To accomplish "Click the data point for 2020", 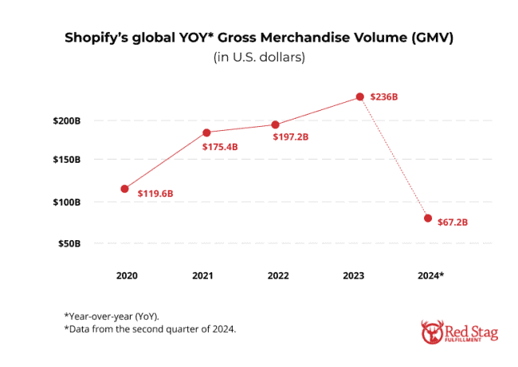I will [124, 189].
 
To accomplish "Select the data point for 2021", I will [206, 132].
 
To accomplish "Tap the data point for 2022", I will [275, 124].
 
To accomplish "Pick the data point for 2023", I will [360, 97].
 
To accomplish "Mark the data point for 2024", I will [428, 218].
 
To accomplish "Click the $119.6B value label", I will [155, 193].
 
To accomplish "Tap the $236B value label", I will [383, 97].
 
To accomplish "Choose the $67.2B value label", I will [453, 222].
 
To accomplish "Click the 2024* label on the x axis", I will [430, 275].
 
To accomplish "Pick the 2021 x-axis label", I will [202, 275].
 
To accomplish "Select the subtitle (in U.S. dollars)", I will [259, 57].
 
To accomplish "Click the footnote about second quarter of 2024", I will [150, 329].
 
